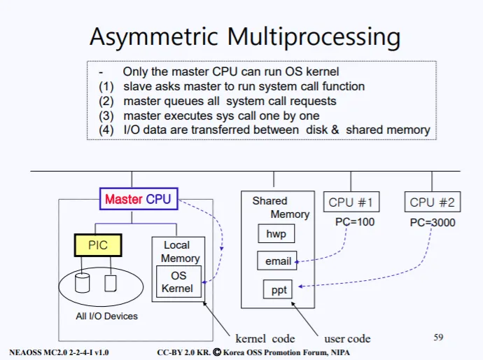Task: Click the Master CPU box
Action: (x=138, y=200)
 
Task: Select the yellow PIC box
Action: (x=98, y=246)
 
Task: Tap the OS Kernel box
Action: (x=178, y=282)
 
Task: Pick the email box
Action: (x=278, y=261)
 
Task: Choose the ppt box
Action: (x=279, y=289)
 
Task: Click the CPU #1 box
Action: (x=351, y=203)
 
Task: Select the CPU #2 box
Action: (x=432, y=203)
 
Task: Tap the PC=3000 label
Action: (x=432, y=222)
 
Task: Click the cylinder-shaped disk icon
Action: (x=83, y=283)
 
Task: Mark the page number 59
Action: (x=438, y=338)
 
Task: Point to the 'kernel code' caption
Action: (x=265, y=339)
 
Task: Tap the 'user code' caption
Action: (x=347, y=339)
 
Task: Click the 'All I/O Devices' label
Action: (x=106, y=316)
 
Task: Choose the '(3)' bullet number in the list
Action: (x=106, y=116)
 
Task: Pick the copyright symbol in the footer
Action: (x=217, y=352)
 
